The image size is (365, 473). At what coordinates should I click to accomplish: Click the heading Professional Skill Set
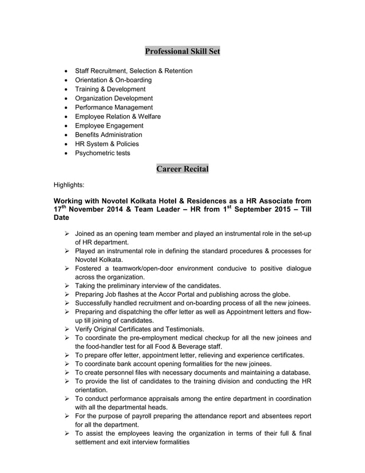pos(182,52)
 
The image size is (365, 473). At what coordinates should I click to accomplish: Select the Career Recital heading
pos(182,169)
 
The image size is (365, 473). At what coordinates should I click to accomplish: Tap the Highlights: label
pos(69,185)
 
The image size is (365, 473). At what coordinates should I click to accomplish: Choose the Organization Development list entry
pos(114,98)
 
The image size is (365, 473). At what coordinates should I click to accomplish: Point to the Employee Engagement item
pos(109,125)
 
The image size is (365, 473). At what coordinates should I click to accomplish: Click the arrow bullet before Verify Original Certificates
pos(67,329)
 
